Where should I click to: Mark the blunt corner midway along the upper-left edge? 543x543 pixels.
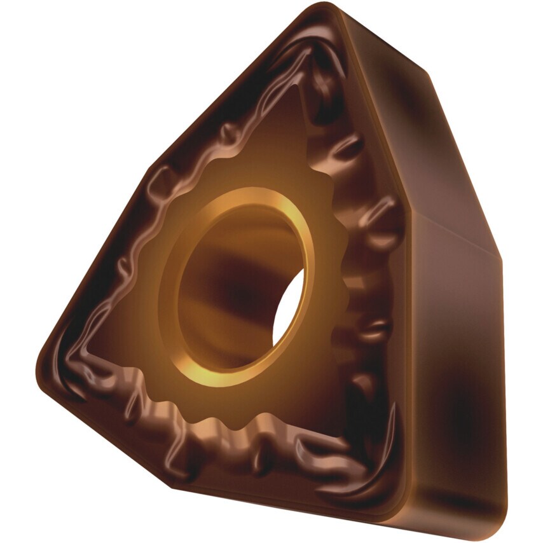coord(153,169)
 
